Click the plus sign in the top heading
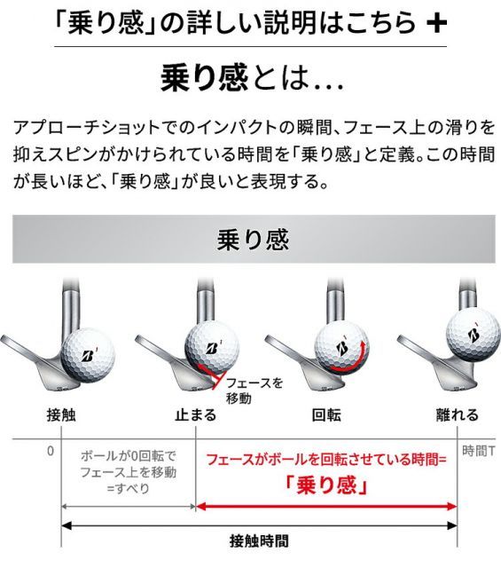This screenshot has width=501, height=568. (434, 24)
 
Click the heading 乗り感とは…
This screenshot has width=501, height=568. (250, 79)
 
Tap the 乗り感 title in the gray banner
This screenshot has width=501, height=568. (252, 240)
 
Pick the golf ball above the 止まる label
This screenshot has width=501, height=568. (211, 341)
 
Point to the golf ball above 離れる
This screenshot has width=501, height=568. (473, 330)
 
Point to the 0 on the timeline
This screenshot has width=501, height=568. (50, 451)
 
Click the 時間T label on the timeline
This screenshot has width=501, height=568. (478, 452)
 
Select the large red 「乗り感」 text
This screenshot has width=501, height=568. (327, 486)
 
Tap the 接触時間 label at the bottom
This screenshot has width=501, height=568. (259, 540)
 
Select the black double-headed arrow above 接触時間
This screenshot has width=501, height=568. (259, 525)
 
